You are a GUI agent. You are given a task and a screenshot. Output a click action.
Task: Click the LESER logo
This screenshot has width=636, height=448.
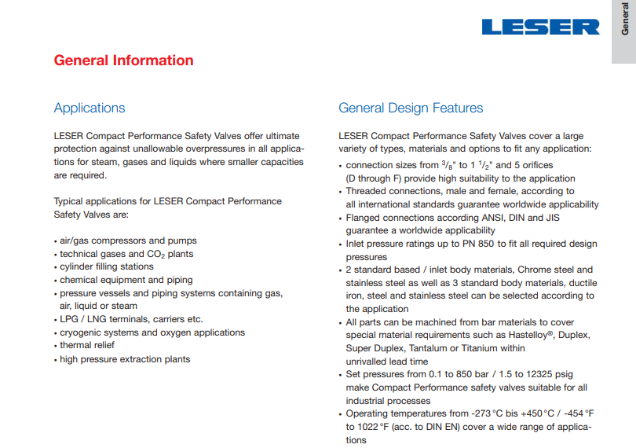tap(540, 27)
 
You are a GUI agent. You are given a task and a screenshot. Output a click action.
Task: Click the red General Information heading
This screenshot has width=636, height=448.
tap(123, 61)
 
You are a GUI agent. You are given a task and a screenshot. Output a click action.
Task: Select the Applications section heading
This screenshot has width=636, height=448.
tap(90, 108)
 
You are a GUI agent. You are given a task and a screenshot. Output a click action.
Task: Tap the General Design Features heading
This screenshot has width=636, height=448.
tap(411, 108)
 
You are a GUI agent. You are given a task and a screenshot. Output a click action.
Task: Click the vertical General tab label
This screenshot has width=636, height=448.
tap(625, 20)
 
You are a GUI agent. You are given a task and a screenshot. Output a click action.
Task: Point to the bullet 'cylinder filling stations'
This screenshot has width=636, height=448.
tap(107, 266)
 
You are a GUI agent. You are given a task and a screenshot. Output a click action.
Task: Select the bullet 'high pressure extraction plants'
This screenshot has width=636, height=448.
tap(125, 359)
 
